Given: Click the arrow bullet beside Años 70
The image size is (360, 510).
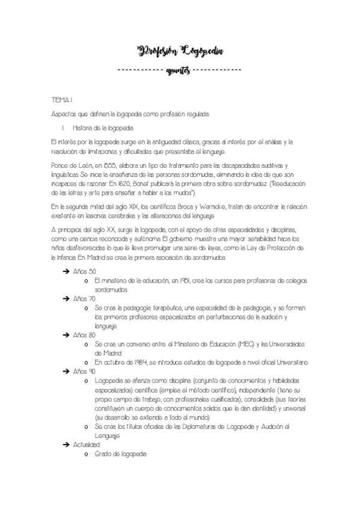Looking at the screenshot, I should point(66,298).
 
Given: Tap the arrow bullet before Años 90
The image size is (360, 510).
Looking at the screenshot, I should point(66,372).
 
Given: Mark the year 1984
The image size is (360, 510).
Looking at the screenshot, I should point(139,363).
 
